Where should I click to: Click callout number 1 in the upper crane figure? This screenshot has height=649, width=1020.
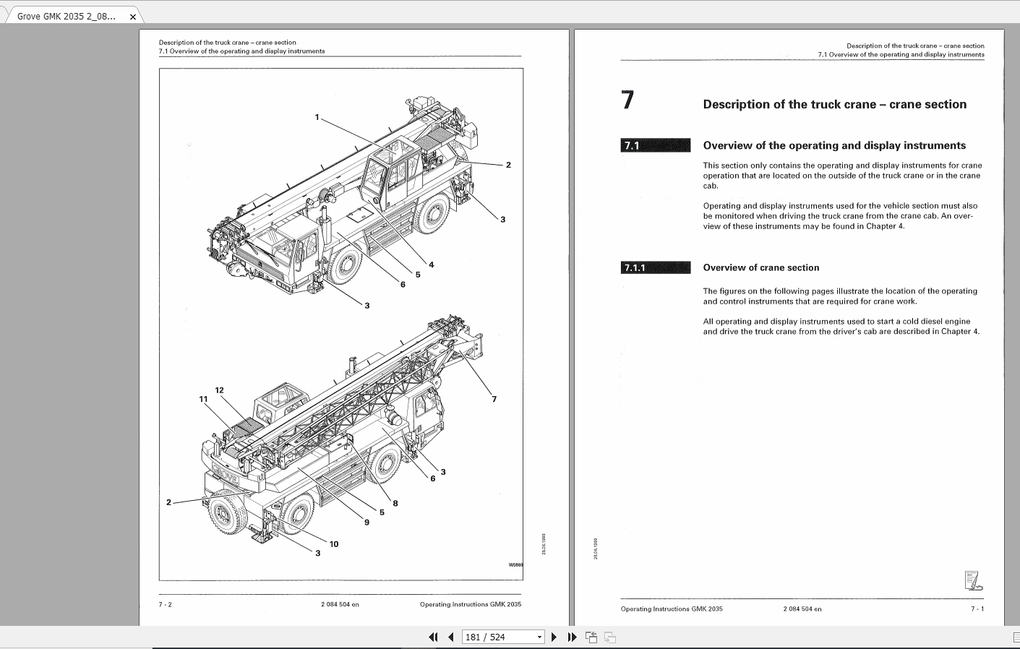click(317, 117)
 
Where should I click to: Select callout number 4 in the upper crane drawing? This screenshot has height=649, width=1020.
click(432, 265)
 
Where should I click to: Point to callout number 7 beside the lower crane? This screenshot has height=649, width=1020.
click(494, 399)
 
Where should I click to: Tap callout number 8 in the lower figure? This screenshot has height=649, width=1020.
click(395, 504)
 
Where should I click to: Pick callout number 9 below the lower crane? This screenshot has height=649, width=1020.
click(367, 522)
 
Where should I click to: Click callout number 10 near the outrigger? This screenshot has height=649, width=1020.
click(334, 544)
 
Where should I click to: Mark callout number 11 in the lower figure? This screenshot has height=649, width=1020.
click(203, 399)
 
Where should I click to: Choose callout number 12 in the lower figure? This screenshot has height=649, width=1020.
click(219, 390)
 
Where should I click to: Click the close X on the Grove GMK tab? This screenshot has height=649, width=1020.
click(132, 16)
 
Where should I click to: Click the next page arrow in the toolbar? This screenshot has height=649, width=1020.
click(554, 637)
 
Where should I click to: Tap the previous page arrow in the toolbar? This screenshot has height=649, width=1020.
click(451, 637)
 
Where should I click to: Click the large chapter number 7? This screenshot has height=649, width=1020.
click(627, 100)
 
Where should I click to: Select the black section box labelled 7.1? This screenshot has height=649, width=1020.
click(655, 145)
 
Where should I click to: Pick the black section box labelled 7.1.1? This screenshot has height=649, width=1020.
click(655, 267)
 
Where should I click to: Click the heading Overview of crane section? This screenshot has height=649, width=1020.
click(760, 267)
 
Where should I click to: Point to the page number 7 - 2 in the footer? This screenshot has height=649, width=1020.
click(166, 604)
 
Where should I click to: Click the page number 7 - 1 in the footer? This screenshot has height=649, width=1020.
click(977, 609)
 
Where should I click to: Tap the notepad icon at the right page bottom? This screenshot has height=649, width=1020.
click(973, 580)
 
